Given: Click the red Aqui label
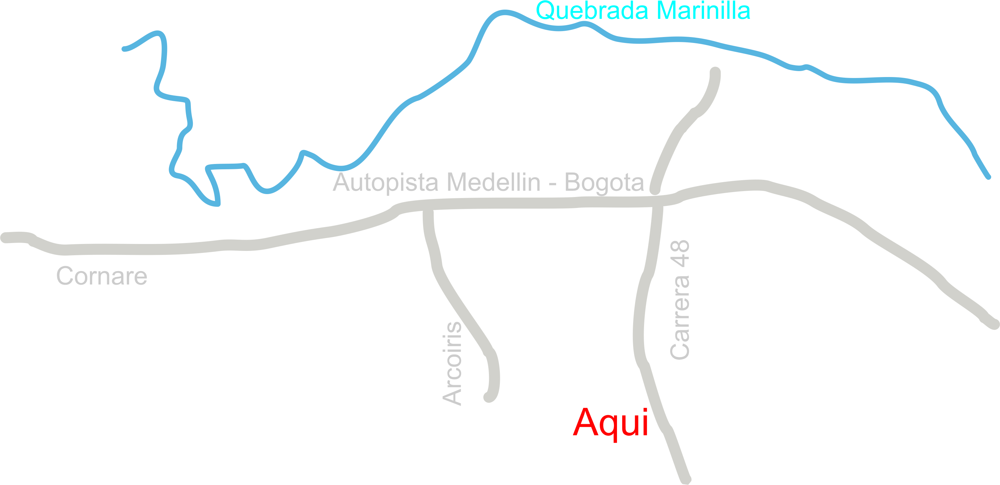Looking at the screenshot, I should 610,423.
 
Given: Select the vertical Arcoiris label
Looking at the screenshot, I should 452,364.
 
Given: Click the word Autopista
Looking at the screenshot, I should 386,182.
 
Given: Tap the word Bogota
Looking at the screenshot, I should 604,182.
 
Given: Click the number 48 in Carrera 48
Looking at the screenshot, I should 680,252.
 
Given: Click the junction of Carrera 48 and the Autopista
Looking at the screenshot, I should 657,201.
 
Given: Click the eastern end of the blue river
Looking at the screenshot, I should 989,177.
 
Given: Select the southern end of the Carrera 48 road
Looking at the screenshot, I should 686,479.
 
